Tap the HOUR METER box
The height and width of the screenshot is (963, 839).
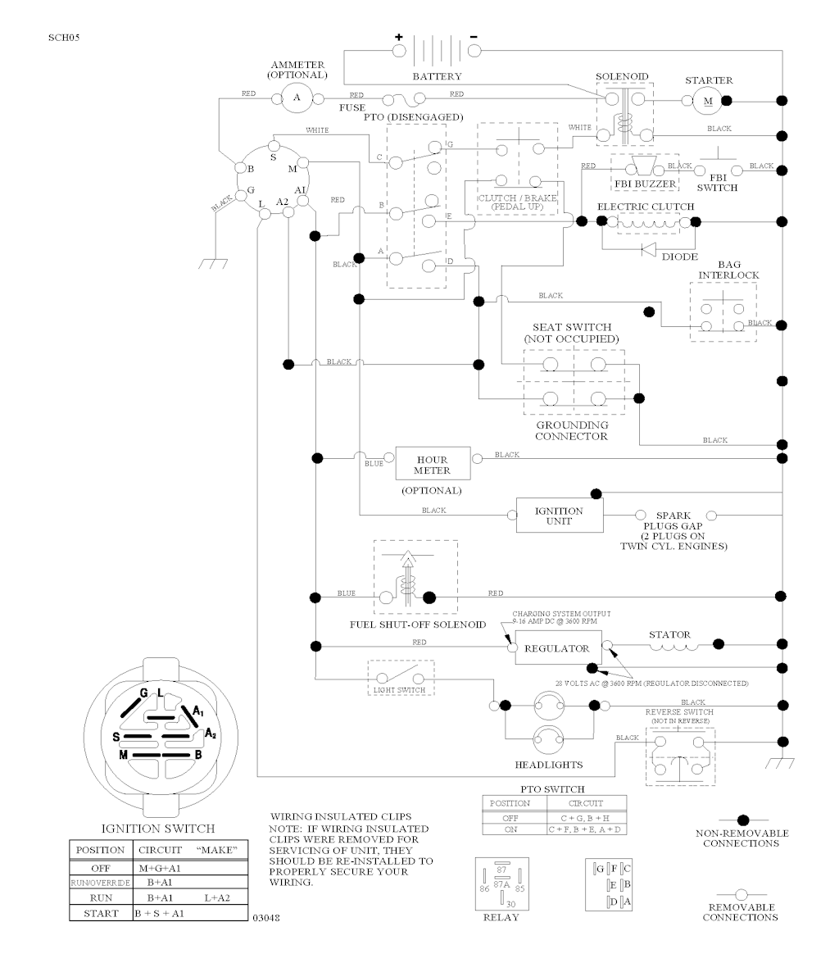pyautogui.click(x=432, y=465)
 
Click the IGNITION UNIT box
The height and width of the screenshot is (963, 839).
pyautogui.click(x=559, y=516)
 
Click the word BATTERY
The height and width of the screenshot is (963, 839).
pyautogui.click(x=437, y=76)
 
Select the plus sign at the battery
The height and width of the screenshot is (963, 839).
pyautogui.click(x=399, y=37)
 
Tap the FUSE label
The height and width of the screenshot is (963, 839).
pyautogui.click(x=352, y=107)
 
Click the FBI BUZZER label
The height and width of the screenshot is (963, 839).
pyautogui.click(x=645, y=184)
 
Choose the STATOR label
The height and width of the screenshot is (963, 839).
pyautogui.click(x=669, y=634)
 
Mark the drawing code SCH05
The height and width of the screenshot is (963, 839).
pyautogui.click(x=64, y=38)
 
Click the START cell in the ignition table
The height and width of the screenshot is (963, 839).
pyautogui.click(x=102, y=912)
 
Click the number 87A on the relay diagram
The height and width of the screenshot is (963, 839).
pyautogui.click(x=502, y=884)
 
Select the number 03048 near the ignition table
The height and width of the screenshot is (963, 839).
pyautogui.click(x=267, y=918)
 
